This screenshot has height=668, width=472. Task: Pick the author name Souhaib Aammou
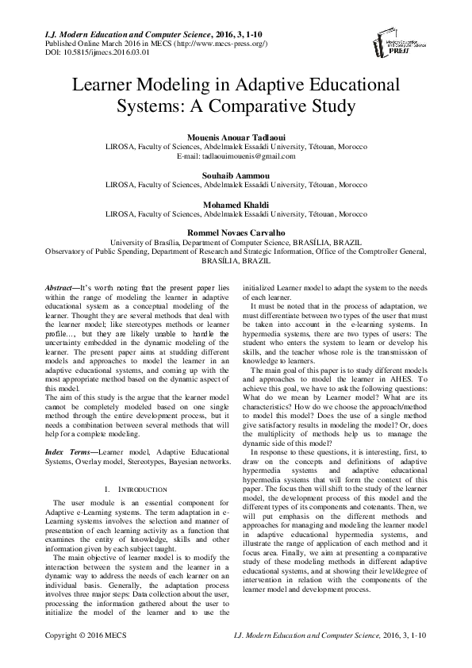(x=236, y=172)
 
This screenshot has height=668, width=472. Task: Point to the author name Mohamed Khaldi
(x=236, y=204)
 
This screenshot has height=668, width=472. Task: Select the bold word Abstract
(x=59, y=284)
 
